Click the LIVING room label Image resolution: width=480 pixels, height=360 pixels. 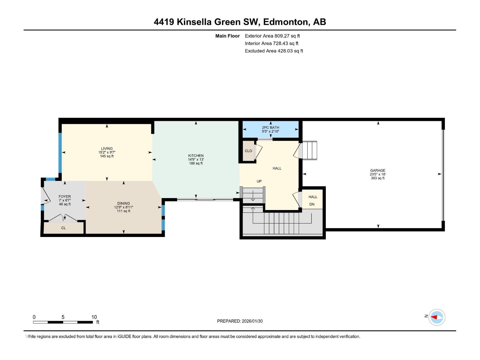107,148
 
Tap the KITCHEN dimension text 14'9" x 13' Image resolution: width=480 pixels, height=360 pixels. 196,160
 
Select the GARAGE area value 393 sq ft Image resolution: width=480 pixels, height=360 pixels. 377,178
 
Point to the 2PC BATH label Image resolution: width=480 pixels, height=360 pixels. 270,127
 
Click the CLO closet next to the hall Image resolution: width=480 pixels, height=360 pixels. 248,151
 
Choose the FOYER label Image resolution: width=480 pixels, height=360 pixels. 65,196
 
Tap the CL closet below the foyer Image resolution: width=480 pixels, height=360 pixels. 64,228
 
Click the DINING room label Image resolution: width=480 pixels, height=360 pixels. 124,203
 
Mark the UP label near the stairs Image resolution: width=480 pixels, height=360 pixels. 259,181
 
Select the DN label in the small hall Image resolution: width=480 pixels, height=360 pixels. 312,204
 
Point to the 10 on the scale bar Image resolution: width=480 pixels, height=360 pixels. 94,317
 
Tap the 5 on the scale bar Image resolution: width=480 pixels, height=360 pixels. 63,317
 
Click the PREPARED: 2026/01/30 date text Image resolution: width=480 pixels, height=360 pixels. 240,321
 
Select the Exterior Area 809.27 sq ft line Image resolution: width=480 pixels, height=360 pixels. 272,36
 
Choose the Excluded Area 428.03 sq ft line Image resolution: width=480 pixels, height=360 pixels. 274,51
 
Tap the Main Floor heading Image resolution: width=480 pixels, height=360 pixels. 227,36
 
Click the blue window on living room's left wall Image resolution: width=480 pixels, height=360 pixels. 60,153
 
